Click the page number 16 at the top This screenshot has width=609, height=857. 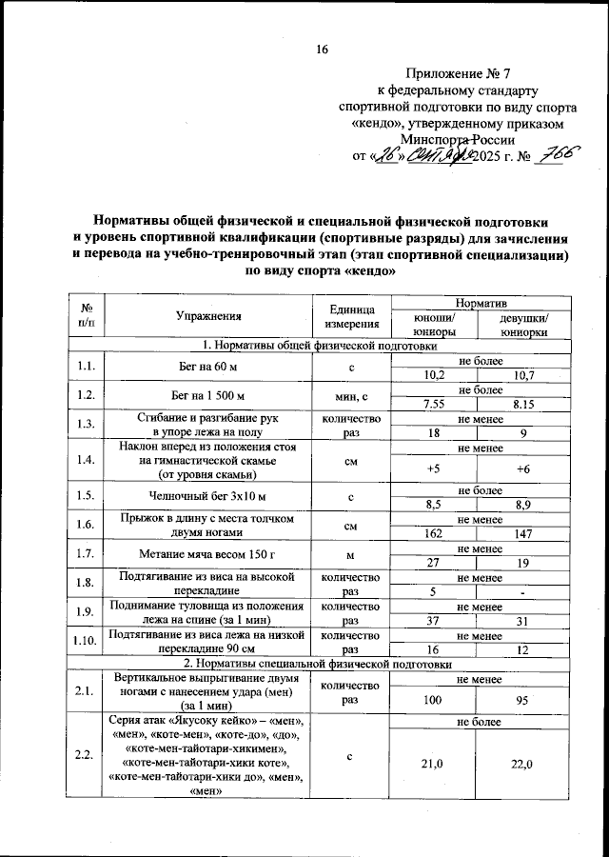[x=322, y=50]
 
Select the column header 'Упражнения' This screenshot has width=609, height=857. [x=208, y=317]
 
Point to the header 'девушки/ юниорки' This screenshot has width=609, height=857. [x=522, y=324]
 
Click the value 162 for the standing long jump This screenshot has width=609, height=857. [x=432, y=535]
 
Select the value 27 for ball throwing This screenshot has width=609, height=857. [x=432, y=563]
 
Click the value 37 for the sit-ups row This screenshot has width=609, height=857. [x=432, y=620]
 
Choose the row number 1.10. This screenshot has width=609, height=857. [x=86, y=641]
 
